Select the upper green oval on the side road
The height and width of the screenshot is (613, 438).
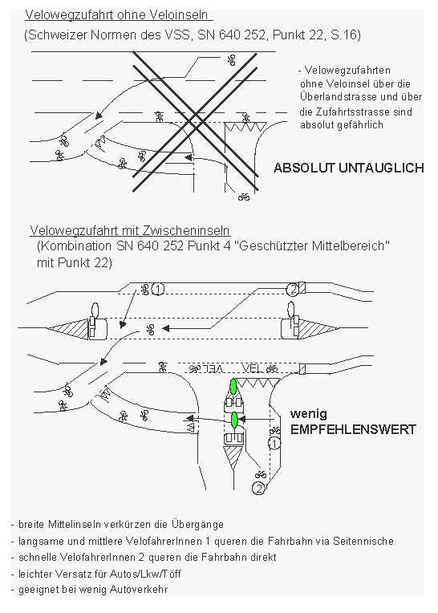233,387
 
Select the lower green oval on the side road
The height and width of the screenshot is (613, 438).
234,420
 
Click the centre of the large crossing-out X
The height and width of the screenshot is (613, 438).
193,121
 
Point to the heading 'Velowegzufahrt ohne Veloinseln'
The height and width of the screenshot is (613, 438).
119,15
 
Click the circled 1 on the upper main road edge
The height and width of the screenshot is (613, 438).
158,288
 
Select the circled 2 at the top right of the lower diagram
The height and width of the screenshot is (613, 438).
293,288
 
